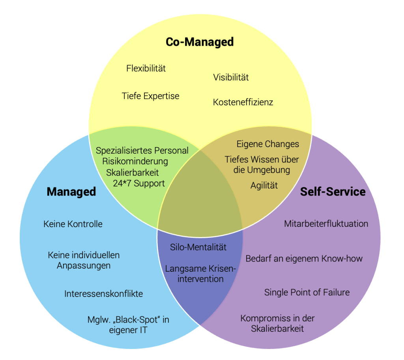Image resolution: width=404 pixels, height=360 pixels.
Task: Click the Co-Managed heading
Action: click(200, 42)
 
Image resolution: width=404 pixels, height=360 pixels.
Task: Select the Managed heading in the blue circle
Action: click(71, 192)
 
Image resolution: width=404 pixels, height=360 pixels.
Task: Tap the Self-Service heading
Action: click(333, 192)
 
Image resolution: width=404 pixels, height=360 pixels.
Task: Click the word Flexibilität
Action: click(146, 68)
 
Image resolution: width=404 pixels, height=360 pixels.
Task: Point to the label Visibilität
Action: click(231, 77)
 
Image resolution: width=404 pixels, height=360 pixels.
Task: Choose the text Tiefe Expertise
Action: click(150, 96)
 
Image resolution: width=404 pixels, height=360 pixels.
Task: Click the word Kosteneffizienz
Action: click(243, 103)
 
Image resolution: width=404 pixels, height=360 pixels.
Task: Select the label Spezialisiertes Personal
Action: click(142, 151)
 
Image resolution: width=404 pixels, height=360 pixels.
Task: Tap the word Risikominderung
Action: click(135, 161)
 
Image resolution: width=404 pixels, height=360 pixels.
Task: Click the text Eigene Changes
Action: click(268, 144)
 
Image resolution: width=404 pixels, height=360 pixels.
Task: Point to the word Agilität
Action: click(264, 185)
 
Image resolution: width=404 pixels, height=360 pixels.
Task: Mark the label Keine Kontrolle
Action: click(73, 224)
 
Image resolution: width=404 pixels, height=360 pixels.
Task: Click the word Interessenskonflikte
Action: click(103, 294)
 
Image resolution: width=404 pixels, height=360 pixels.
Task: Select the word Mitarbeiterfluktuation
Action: click(326, 224)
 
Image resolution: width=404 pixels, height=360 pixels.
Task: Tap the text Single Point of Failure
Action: click(307, 292)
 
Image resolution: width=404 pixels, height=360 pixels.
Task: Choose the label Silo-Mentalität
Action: click(198, 247)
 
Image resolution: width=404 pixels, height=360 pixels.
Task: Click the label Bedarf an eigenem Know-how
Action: click(304, 259)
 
